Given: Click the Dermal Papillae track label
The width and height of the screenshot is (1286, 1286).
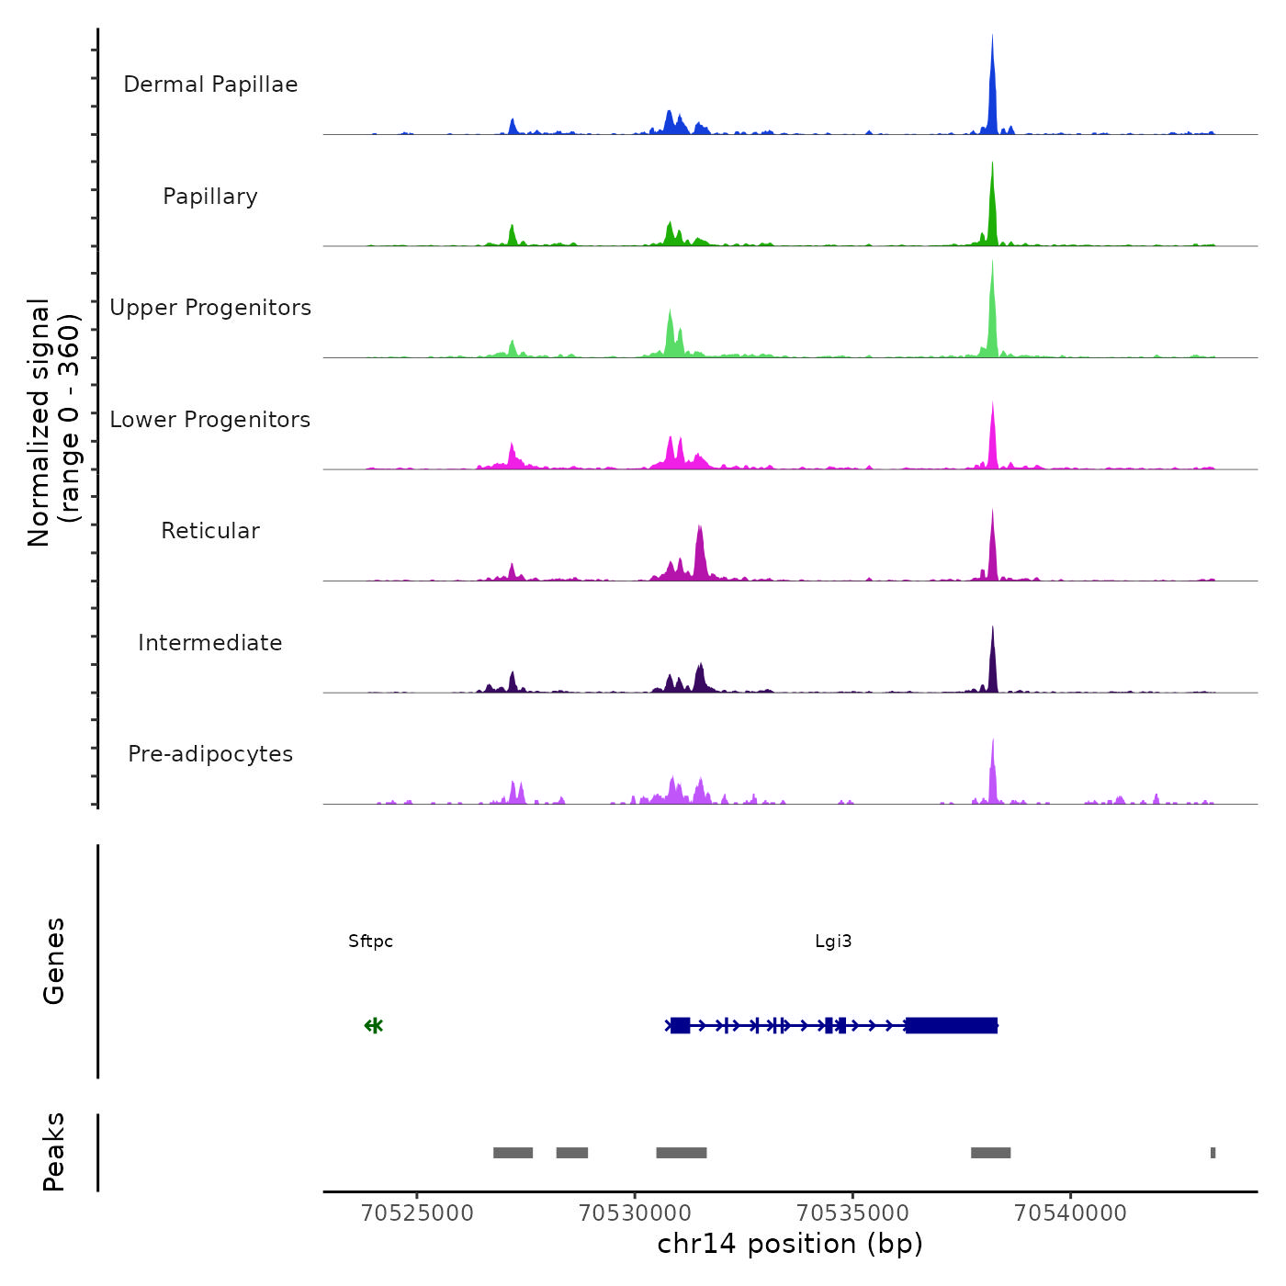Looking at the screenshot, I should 210,85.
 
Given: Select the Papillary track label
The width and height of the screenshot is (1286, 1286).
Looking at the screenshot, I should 210,197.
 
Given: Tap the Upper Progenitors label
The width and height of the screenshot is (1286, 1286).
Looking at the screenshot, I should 210,308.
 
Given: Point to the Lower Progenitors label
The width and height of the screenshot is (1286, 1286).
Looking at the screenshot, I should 210,420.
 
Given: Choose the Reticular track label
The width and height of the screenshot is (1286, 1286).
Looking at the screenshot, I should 210,531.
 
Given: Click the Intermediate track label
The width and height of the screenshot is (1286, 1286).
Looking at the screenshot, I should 210,643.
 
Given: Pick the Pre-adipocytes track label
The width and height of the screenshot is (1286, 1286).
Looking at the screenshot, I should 210,754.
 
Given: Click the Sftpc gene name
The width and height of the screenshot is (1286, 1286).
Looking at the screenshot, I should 370,942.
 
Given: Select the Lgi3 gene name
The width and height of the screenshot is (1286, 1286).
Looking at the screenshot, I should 833,942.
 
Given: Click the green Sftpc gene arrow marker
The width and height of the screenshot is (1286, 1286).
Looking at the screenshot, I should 373,1025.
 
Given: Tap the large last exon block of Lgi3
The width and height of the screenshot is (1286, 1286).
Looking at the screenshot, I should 951,1025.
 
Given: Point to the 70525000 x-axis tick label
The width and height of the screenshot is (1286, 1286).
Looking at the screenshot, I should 417,1213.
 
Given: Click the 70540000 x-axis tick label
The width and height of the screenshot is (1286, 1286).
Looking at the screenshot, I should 1070,1213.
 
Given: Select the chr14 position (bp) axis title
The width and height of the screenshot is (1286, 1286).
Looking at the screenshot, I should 790,1244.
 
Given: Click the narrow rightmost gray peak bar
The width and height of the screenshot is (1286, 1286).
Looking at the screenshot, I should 1213,1153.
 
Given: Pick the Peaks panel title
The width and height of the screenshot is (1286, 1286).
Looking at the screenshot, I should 54,1152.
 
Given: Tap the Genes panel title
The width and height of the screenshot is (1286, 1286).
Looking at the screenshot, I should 54,961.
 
